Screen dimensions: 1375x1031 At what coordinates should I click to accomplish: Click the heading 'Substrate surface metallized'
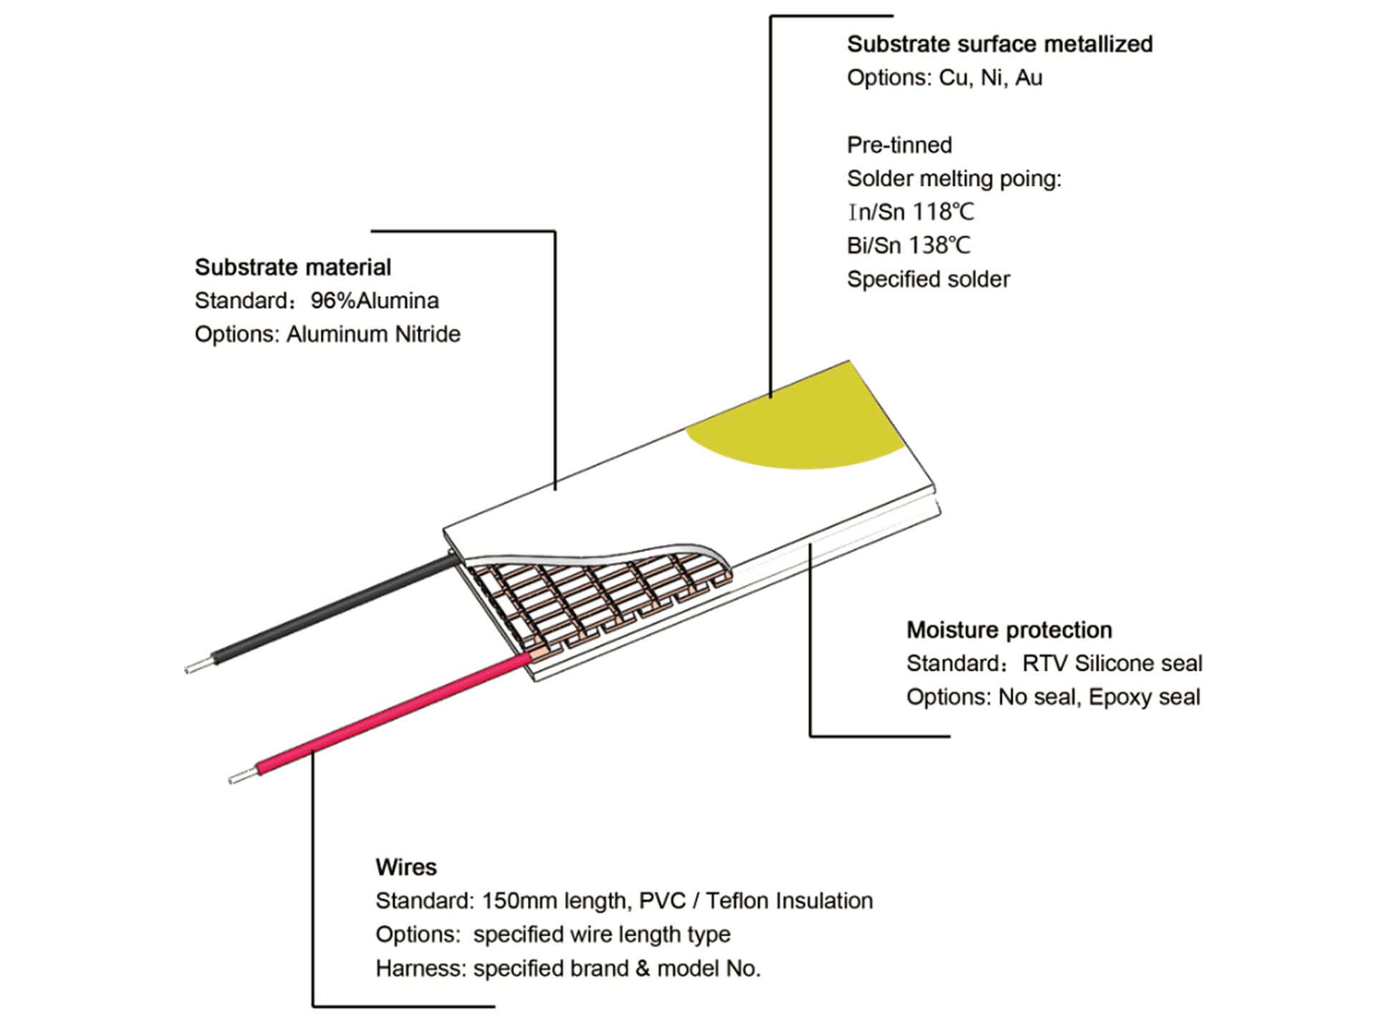tap(1000, 44)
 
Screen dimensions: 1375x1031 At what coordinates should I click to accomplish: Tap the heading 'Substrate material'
tap(293, 267)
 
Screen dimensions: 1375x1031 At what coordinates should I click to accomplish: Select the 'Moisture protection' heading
tap(1009, 630)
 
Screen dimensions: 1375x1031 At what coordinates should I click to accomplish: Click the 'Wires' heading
tap(406, 867)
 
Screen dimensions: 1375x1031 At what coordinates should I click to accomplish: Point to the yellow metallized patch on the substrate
tap(795, 422)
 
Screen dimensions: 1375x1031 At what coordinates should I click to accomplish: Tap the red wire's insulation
tap(394, 713)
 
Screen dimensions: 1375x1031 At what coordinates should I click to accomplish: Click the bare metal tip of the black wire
tap(198, 665)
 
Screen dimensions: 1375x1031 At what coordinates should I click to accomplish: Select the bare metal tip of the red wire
tap(242, 775)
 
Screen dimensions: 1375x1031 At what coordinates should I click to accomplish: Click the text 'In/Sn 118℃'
tap(910, 212)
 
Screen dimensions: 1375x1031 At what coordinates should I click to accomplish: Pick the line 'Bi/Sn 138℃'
tap(909, 246)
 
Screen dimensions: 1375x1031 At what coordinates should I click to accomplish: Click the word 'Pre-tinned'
tap(899, 145)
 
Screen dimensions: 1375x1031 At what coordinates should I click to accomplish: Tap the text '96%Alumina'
tap(375, 301)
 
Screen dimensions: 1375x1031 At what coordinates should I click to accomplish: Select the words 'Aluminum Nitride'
tap(373, 334)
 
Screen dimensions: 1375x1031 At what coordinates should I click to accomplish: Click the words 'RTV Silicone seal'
tap(1112, 664)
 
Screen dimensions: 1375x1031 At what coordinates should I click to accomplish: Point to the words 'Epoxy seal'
tap(1144, 697)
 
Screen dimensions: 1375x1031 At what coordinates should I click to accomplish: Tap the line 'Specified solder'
tap(928, 279)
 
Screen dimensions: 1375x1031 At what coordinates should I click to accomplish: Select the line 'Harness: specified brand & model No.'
tap(568, 969)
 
